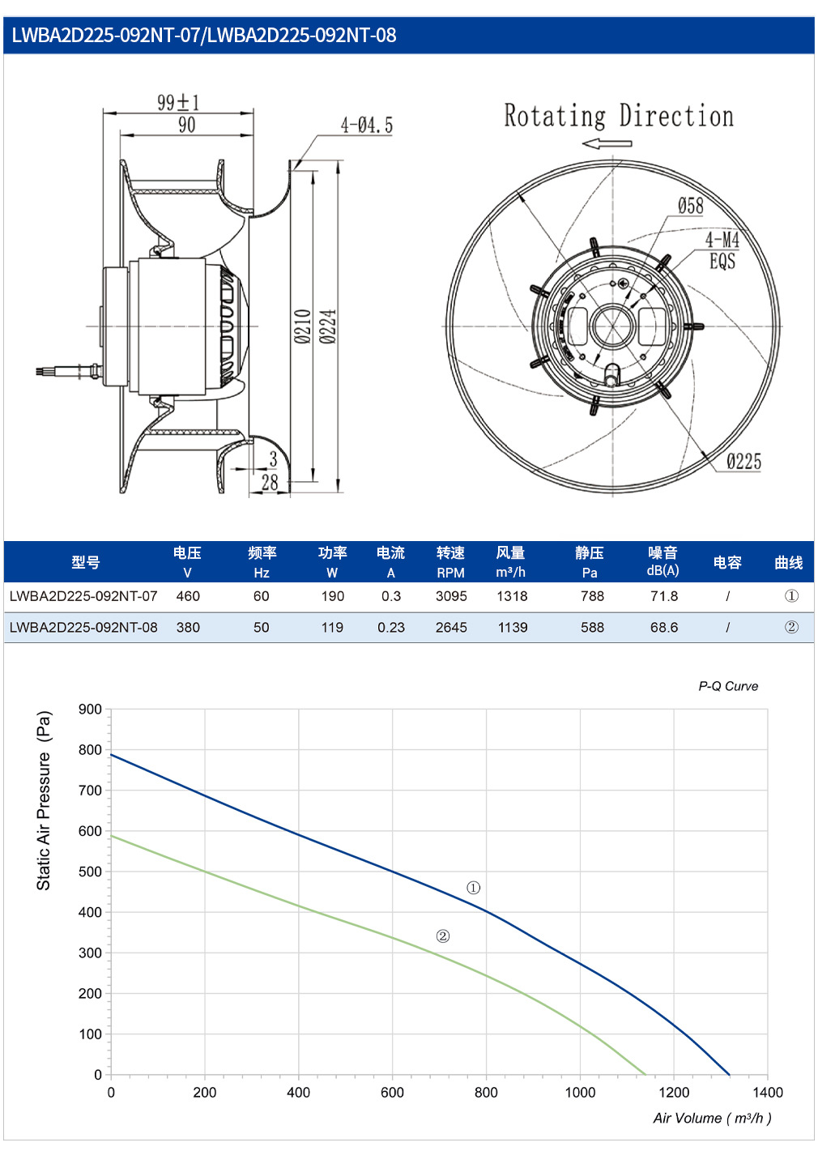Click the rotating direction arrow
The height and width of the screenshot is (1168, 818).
(x=607, y=143)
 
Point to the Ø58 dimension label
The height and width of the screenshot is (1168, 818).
(x=690, y=206)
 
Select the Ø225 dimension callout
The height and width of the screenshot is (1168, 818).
(x=744, y=462)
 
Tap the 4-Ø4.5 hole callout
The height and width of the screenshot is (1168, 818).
(x=367, y=125)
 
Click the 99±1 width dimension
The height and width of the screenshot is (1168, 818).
(x=178, y=102)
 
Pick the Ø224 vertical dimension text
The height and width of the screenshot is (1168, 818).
(x=328, y=326)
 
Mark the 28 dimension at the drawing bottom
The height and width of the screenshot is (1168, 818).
(x=270, y=482)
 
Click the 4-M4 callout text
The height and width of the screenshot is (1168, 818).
(x=722, y=239)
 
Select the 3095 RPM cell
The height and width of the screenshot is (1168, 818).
(x=451, y=596)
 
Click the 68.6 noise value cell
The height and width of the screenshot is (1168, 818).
(x=663, y=627)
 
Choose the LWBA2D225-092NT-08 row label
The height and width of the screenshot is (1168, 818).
(x=83, y=627)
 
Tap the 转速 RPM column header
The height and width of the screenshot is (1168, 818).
(x=450, y=562)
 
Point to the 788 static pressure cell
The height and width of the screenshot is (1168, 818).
(x=592, y=596)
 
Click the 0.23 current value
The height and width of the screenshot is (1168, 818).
(x=391, y=627)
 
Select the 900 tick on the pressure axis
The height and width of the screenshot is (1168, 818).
(x=90, y=710)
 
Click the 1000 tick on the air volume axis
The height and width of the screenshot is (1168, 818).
(x=580, y=1093)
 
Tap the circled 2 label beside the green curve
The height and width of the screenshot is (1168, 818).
(x=443, y=936)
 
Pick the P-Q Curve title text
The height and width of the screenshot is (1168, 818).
(x=728, y=686)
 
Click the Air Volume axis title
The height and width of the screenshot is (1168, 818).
(x=712, y=1118)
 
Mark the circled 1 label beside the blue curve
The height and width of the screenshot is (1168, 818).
(x=473, y=888)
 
